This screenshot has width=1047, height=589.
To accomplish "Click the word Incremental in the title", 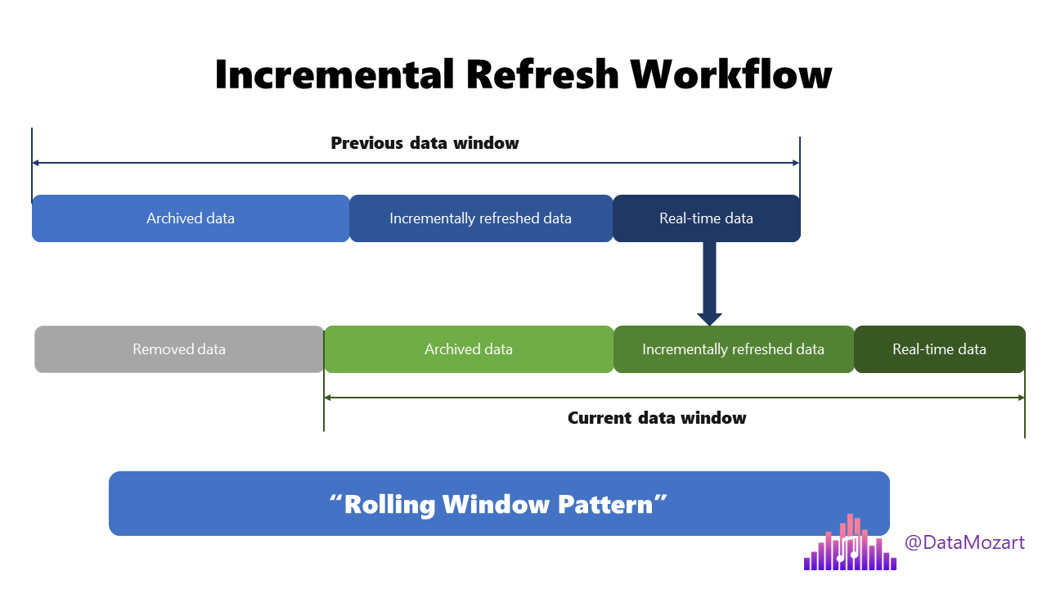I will [x=334, y=74].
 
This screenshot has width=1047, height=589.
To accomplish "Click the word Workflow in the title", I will [x=731, y=74].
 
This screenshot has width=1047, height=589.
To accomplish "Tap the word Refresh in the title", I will [x=543, y=74].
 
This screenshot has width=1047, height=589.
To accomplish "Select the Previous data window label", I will [x=425, y=143].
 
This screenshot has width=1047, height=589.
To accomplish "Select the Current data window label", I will [x=657, y=418].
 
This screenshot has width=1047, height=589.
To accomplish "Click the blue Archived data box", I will [x=191, y=218].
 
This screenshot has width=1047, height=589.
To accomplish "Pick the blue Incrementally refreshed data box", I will [x=481, y=218].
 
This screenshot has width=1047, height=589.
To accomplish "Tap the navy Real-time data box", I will [x=706, y=218].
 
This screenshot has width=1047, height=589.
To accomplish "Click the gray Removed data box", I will [x=179, y=349].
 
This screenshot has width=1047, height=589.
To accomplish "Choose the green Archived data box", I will [x=469, y=349].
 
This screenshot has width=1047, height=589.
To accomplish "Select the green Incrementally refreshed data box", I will [x=734, y=349].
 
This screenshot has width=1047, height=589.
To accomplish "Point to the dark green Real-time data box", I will [x=939, y=349].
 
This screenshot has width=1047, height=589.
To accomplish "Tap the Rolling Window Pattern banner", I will [x=499, y=504].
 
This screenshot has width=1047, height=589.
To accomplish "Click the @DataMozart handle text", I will [x=964, y=542].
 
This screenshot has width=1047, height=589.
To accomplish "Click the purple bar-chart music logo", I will [x=850, y=544].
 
